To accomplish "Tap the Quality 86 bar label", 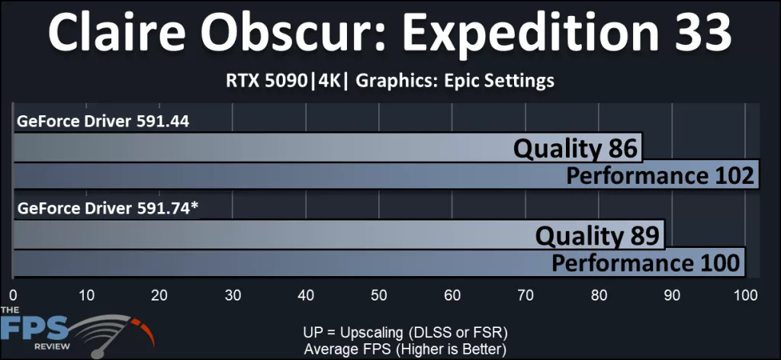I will pyautogui.click(x=575, y=148).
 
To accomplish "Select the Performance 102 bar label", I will pyautogui.click(x=660, y=176).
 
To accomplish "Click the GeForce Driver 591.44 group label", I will pyautogui.click(x=103, y=121).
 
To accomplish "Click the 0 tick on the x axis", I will pyautogui.click(x=13, y=295).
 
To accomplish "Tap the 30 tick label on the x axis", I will pyautogui.click(x=233, y=295).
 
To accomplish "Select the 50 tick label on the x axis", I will pyautogui.click(x=380, y=295).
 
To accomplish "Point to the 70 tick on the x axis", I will pyautogui.click(x=526, y=295).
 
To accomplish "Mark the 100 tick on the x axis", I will pyautogui.click(x=745, y=295).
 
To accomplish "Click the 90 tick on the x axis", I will pyautogui.click(x=673, y=295).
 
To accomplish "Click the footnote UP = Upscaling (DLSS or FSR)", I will pyautogui.click(x=404, y=333).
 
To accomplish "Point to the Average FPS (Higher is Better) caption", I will pyautogui.click(x=404, y=349).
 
